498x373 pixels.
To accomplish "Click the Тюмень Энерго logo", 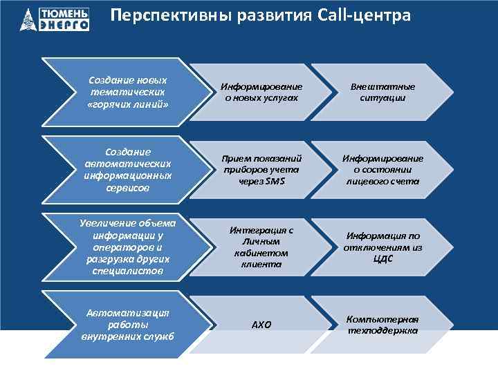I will point(55,19).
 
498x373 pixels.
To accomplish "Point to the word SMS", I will point(275,181).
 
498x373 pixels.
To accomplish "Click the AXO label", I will point(261,325).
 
